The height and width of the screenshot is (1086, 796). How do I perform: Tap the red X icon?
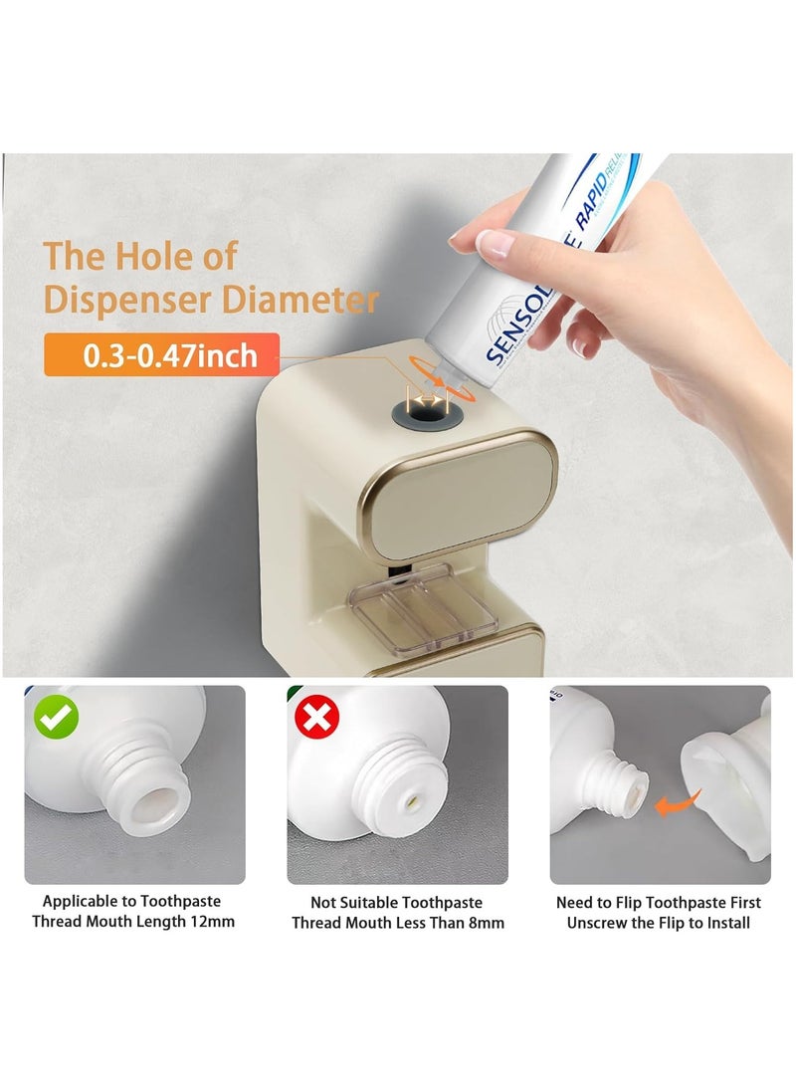click(x=317, y=717)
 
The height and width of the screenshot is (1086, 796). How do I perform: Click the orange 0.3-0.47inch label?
click(x=161, y=355)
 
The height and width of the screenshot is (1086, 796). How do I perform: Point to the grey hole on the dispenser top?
click(x=426, y=402)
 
